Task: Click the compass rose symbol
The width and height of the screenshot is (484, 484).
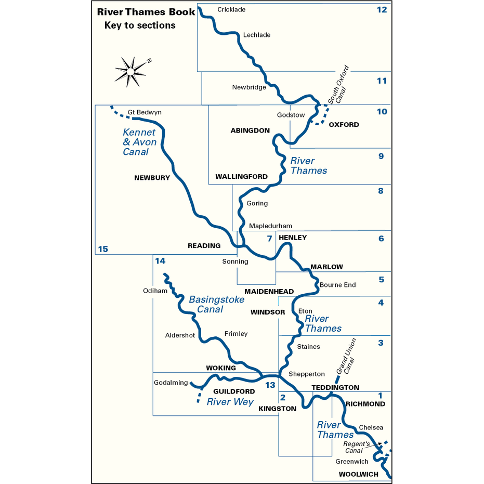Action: point(132,71)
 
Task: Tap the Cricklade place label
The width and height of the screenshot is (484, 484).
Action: point(231,10)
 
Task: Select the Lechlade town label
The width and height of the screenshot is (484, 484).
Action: point(257,35)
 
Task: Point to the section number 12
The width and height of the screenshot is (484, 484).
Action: point(382,10)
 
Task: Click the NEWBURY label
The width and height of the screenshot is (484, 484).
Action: point(152,178)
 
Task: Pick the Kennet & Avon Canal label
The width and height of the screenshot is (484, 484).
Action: point(139,142)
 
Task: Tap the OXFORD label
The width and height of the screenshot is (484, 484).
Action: point(344,125)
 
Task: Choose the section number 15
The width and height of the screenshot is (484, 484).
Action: point(103,249)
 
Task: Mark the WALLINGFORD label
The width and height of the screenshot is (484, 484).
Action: point(241,177)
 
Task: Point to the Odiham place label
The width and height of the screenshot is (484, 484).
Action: point(155,291)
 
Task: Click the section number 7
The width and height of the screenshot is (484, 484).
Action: point(269,239)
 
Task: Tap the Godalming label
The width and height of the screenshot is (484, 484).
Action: point(171,383)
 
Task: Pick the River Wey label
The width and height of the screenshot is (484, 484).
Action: point(230,402)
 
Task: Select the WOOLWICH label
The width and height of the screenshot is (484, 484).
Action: point(358,475)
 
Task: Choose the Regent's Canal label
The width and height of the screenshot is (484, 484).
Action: point(357,447)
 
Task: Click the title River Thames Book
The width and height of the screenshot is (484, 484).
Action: point(146,12)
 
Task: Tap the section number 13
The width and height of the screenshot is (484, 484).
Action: point(270,385)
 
